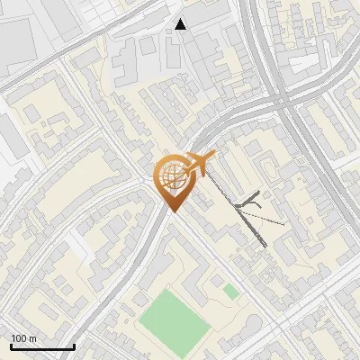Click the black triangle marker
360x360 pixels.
pyautogui.click(x=181, y=24)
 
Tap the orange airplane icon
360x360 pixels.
pyautogui.click(x=197, y=165)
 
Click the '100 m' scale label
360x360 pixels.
pyautogui.click(x=24, y=338)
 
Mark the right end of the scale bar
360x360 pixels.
pyautogui.click(x=74, y=346)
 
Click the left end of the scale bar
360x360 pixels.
pyautogui.click(x=11, y=346)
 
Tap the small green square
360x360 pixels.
pyautogui.click(x=231, y=291)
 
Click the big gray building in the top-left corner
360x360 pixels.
pyautogui.click(x=18, y=36)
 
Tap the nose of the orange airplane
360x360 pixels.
pyautogui.click(x=214, y=157)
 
